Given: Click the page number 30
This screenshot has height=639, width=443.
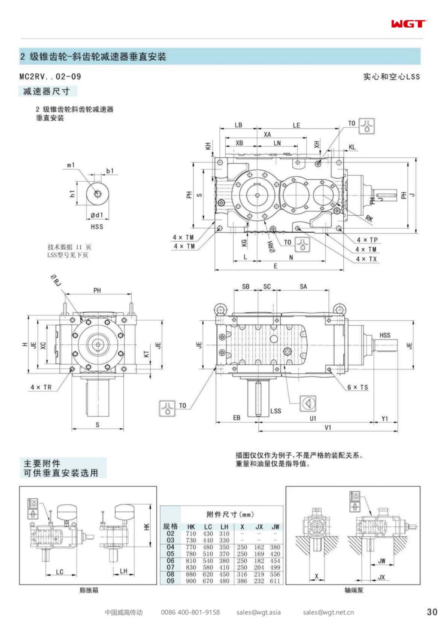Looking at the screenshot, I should tap(432, 612).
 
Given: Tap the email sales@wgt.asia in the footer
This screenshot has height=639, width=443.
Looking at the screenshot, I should tap(258, 612).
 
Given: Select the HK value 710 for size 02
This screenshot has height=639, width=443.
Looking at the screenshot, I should tap(191, 534).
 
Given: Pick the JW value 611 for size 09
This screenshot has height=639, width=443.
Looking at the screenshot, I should tap(275, 581).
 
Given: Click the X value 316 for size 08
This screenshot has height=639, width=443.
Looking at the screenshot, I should tap(242, 574).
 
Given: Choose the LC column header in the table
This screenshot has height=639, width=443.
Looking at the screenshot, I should tap(208, 527).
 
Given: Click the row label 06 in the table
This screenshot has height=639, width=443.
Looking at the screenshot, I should tap(170, 560).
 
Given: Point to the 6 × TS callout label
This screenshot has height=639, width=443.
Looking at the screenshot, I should tap(358, 387).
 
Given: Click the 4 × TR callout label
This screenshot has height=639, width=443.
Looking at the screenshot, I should tap(41, 387).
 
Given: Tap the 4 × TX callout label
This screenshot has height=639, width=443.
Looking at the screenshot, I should tap(366, 259).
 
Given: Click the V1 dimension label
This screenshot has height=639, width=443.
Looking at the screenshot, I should tap(328, 427).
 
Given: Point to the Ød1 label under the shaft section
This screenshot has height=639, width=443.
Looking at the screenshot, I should tap(97, 215).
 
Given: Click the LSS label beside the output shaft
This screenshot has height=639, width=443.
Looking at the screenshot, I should tap(276, 411).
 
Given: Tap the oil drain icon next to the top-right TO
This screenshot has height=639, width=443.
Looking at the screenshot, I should tap(367, 126).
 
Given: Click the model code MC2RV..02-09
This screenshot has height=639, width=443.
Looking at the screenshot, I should tap(50, 76).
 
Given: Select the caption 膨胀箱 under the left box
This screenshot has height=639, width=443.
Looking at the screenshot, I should tap(89, 590).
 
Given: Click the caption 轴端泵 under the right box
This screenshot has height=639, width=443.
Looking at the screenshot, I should tap(354, 590).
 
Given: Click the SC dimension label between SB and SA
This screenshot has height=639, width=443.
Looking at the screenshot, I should tap(267, 287).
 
